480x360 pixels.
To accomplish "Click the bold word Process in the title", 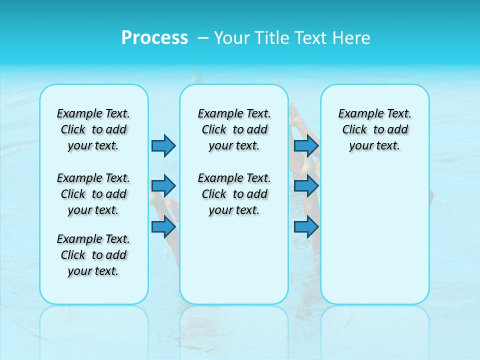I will tap(154, 37).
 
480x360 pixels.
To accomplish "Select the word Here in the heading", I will tap(350, 38).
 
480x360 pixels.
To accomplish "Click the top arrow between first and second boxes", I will tap(163, 145).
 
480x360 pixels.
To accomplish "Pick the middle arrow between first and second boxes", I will tap(163, 186).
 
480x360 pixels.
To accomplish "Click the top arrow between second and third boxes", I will tap(306, 145).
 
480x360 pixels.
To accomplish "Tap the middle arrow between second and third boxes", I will tap(306, 186).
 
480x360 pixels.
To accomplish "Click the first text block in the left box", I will tap(93, 129).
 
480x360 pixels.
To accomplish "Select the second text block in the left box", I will tap(93, 194).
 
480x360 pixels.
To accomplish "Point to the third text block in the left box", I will tap(93, 255).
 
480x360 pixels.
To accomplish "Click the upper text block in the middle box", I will tap(234, 129).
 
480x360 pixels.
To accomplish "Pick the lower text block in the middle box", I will tap(234, 194).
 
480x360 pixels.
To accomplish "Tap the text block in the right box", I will tap(374, 129).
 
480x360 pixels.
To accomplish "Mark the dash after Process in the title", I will tap(203, 38).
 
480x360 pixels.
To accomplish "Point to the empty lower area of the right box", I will tap(374, 235).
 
